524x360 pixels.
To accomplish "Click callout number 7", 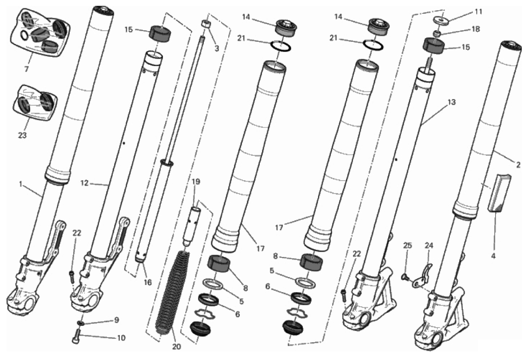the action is point(26,69).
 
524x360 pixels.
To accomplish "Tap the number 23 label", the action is point(22,135).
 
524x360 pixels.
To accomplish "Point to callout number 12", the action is point(84,183).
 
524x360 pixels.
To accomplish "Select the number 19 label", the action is point(196,182).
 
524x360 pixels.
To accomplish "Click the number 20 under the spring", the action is point(176,347).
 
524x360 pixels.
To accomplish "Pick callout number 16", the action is point(148,282).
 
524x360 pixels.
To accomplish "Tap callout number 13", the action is point(452,102).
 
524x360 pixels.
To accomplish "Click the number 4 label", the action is point(493,256).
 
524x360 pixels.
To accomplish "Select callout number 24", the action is point(429,245).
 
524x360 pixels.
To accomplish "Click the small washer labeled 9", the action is point(81,323).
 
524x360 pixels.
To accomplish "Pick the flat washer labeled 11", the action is point(440,20).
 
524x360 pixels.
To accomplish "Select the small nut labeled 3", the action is point(206,24).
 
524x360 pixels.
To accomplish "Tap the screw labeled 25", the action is point(405,276).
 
